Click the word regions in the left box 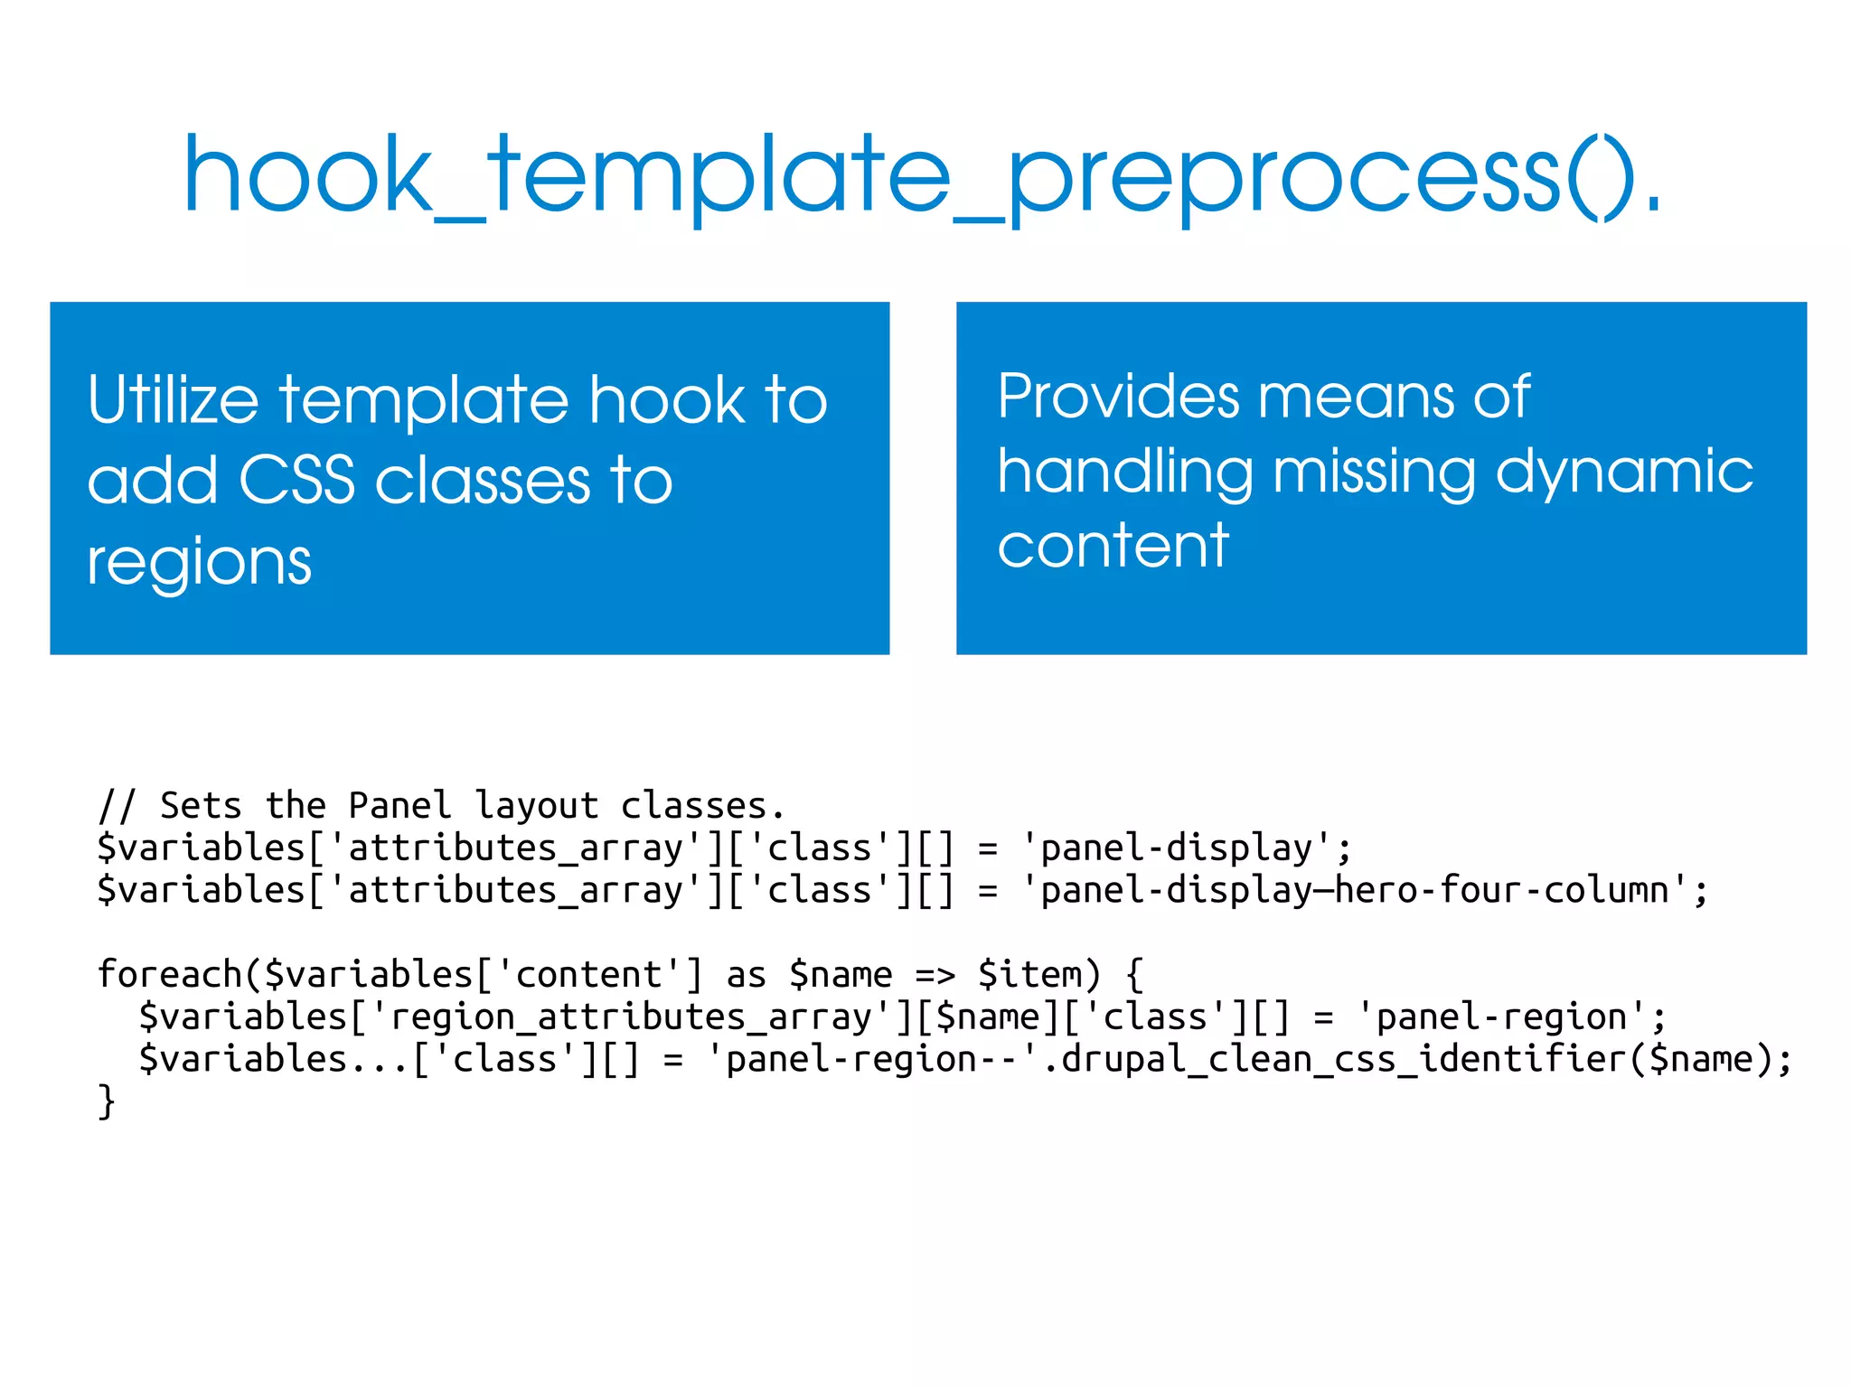click(x=199, y=563)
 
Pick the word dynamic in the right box click(x=1624, y=473)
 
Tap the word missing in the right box click(x=1374, y=473)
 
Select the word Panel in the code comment click(x=399, y=805)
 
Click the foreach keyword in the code click(x=169, y=974)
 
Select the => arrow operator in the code click(x=935, y=974)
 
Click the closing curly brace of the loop click(x=107, y=1101)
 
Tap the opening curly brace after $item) click(x=1135, y=974)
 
